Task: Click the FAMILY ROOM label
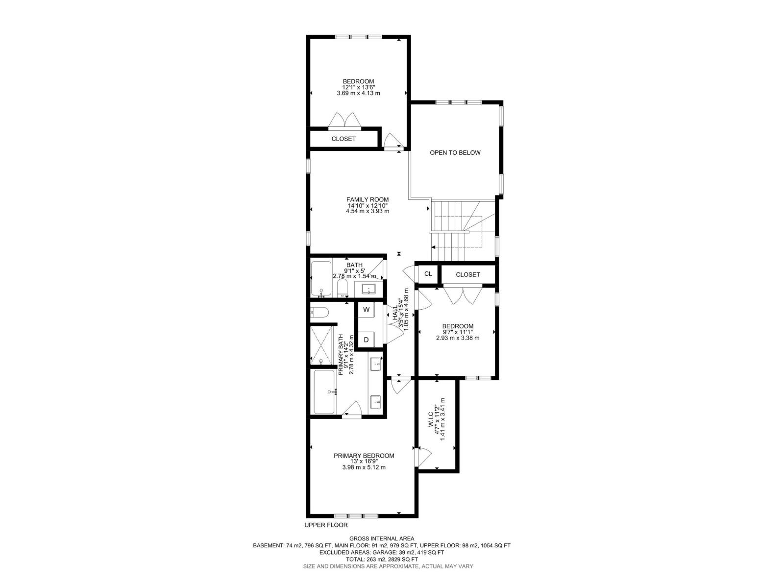point(367,199)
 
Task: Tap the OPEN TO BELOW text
point(455,152)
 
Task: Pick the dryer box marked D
point(366,340)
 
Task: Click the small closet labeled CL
point(428,274)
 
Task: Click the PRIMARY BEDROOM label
point(364,456)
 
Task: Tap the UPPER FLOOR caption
point(326,525)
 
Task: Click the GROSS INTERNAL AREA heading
point(382,539)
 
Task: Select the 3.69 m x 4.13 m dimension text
point(358,93)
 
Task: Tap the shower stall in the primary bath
point(321,345)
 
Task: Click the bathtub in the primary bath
point(324,392)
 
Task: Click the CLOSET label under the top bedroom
point(343,139)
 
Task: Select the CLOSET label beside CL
point(467,274)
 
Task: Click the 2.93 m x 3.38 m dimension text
point(458,338)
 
